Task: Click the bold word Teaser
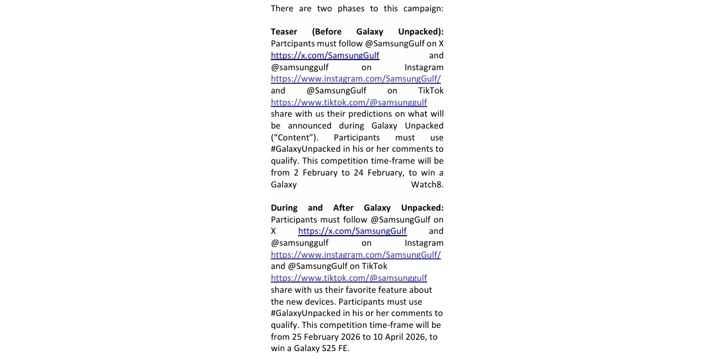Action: (x=284, y=32)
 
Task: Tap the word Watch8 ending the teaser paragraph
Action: (x=427, y=184)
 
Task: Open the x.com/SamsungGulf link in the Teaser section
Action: (x=325, y=55)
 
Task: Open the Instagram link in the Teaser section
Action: (x=356, y=79)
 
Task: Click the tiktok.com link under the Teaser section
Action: (x=349, y=102)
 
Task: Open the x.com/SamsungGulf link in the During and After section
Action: (x=352, y=231)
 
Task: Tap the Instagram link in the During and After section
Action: (x=356, y=255)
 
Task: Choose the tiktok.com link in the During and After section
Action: (x=349, y=278)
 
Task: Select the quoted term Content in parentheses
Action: (x=292, y=137)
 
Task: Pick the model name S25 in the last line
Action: (x=329, y=349)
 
